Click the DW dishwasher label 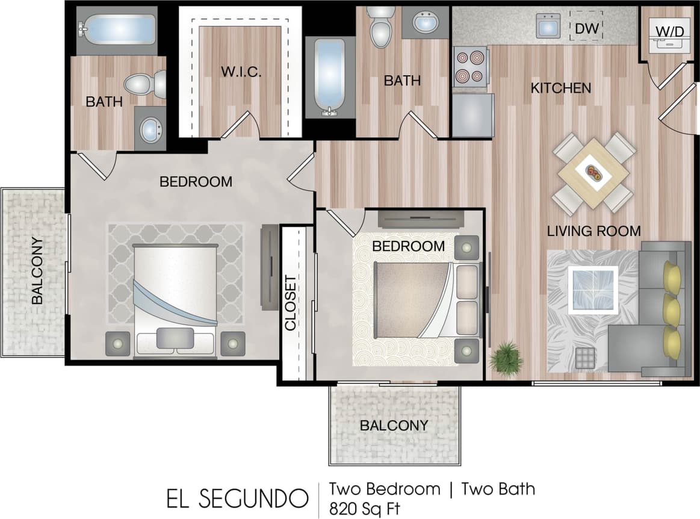[585, 28]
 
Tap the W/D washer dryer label [669, 31]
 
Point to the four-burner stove [469, 67]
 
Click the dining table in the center [593, 173]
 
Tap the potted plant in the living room [506, 359]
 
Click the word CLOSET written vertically [291, 303]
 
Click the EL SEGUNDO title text [235, 499]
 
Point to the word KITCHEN [560, 89]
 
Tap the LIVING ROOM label [593, 231]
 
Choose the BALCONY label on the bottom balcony [394, 425]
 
